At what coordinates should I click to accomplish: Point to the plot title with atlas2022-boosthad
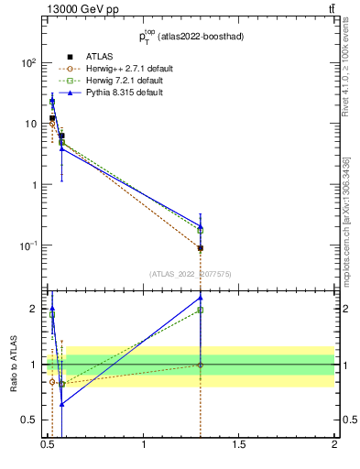pos(191,38)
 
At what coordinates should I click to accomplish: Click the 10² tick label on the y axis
pos(28,63)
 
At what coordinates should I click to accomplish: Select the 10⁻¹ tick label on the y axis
pos(27,245)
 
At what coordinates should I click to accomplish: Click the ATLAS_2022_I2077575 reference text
pos(191,273)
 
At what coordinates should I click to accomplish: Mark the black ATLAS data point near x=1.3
pos(200,248)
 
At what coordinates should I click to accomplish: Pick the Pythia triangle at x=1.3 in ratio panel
pos(200,298)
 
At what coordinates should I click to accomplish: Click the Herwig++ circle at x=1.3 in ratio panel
pos(200,365)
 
